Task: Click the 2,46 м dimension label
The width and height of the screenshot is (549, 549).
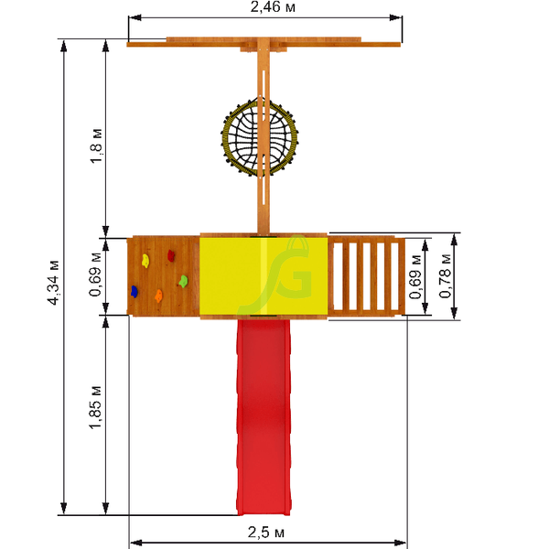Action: [273, 7]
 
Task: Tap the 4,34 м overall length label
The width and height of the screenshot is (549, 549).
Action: [54, 283]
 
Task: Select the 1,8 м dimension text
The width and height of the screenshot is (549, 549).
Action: [96, 146]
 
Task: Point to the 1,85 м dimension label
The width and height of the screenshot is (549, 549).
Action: [95, 407]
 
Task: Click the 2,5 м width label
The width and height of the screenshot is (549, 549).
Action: [266, 533]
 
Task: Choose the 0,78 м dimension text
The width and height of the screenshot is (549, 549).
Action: [446, 276]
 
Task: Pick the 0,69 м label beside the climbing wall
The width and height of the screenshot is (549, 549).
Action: [95, 274]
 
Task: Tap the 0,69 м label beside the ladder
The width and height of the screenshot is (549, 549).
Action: [415, 277]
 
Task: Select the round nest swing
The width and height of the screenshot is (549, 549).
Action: [260, 137]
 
